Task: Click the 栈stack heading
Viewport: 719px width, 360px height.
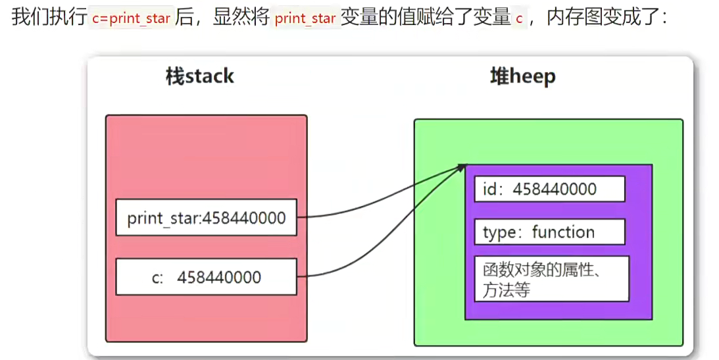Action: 199,76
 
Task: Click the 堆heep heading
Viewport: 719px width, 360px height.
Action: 522,76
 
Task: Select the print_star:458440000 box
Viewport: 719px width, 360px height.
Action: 207,217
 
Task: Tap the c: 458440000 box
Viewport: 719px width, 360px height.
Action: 207,276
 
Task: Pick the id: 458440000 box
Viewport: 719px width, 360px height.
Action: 549,189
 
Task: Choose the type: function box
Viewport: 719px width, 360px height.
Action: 549,232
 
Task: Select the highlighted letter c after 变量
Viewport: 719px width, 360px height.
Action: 519,18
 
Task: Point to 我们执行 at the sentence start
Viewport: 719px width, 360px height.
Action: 49,18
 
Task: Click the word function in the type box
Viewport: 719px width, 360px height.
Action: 563,232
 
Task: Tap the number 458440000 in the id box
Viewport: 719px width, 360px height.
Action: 554,189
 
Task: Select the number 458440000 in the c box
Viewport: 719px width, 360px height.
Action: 218,277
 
